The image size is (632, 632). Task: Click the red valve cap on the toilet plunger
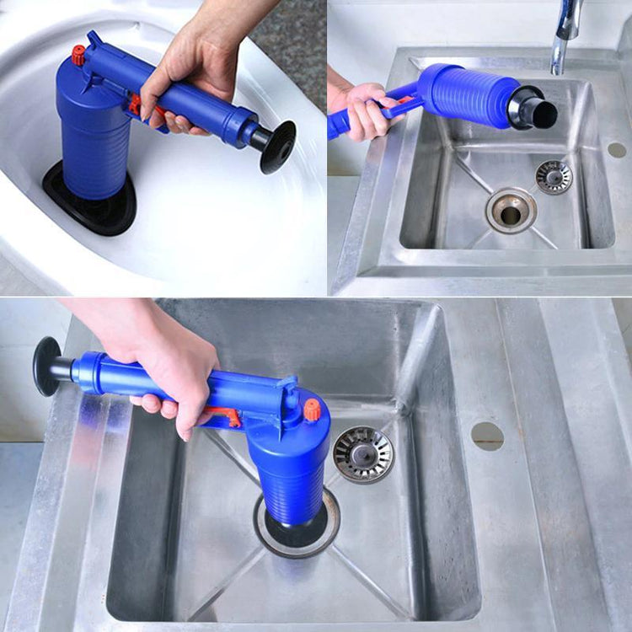coord(78,55)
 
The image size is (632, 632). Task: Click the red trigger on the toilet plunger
coord(135,104)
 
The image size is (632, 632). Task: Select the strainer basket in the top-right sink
coord(554,177)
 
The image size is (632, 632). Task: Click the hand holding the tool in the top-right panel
coord(362,110)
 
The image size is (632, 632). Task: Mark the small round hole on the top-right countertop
coord(617,150)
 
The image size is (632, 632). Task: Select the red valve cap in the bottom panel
coord(313,410)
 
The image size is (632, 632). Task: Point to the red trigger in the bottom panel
coord(224,415)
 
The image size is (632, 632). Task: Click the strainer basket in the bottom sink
coord(363,454)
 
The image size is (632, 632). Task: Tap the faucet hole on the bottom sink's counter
coord(487,436)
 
